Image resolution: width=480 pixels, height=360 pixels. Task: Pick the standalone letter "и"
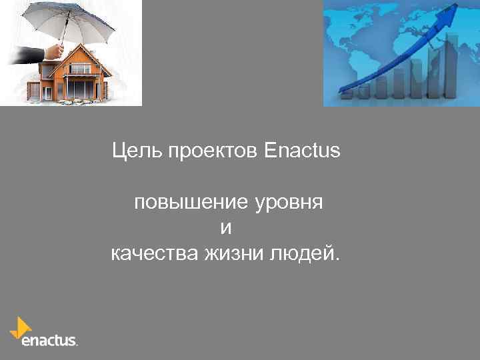(226, 228)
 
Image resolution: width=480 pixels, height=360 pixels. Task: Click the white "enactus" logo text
(49, 340)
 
